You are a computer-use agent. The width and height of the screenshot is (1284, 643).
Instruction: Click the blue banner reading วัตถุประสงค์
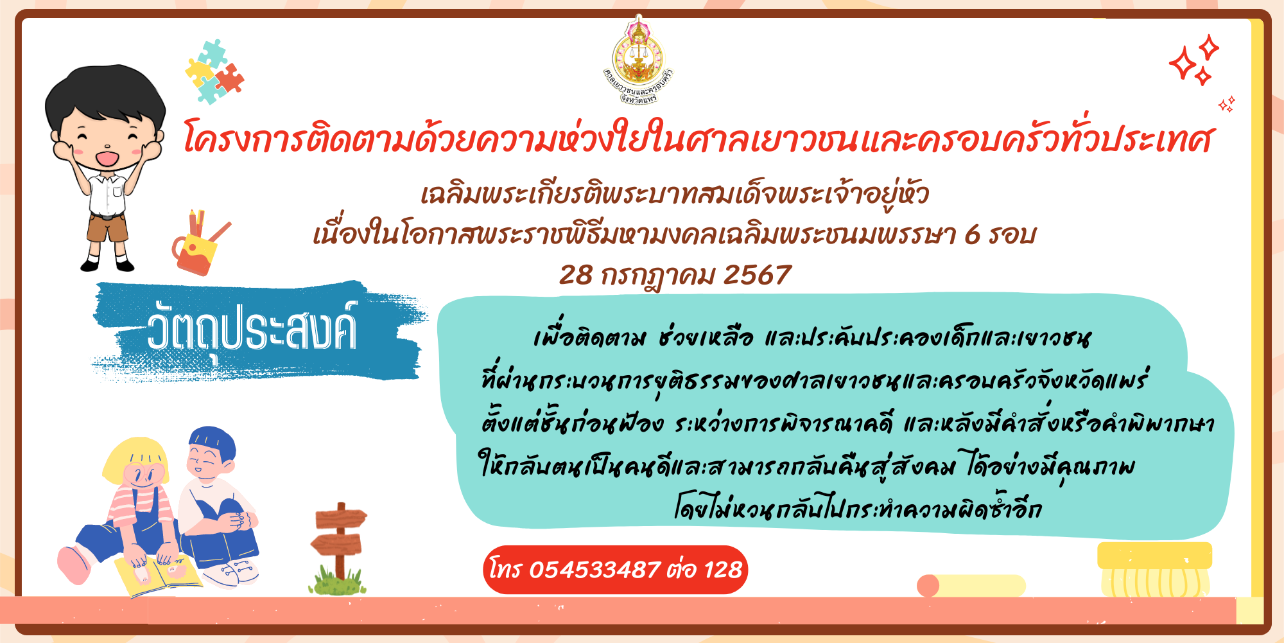click(257, 331)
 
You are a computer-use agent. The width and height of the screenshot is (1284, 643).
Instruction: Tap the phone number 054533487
click(594, 570)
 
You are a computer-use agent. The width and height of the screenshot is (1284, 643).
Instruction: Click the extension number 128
click(723, 570)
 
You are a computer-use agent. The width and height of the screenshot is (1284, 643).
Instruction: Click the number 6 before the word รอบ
click(973, 235)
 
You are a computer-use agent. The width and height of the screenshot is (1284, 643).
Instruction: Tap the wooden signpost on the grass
click(338, 546)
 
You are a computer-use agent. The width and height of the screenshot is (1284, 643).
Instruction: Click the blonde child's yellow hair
click(136, 459)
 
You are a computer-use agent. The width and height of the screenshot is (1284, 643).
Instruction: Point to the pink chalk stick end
click(928, 586)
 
